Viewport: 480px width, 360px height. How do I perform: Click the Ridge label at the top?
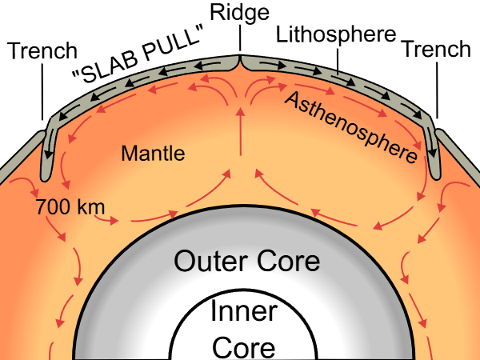click(239, 13)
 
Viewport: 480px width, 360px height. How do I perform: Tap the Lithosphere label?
click(336, 34)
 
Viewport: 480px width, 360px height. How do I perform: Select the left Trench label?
click(42, 50)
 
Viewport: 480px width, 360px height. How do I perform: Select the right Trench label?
click(437, 49)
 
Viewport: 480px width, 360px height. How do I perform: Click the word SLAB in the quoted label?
click(106, 66)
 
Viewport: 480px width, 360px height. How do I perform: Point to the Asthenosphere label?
click(351, 127)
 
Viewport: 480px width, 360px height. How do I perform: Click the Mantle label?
click(153, 153)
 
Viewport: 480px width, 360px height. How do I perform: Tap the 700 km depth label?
click(70, 206)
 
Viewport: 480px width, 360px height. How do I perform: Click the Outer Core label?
click(246, 261)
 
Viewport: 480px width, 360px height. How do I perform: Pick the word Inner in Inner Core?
click(244, 310)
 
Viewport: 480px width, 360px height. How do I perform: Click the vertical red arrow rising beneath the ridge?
click(241, 132)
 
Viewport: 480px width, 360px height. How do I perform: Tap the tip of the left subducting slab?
click(46, 179)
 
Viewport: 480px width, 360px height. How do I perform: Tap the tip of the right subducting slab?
click(435, 178)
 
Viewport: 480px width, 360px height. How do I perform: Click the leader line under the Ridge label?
click(240, 38)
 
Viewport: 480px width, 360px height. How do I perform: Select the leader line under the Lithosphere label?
click(338, 62)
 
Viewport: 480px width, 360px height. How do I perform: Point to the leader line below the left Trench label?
click(42, 92)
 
